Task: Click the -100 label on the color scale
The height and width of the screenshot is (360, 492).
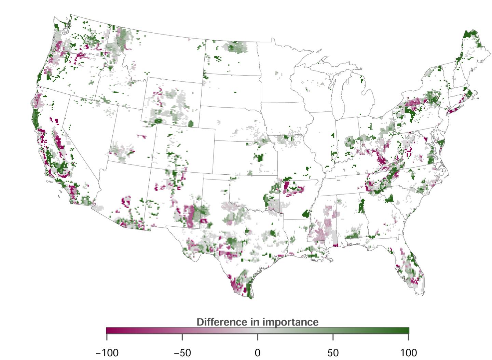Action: pyautogui.click(x=107, y=352)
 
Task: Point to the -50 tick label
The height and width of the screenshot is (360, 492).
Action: pyautogui.click(x=182, y=352)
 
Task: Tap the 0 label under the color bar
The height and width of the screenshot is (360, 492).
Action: pyautogui.click(x=258, y=352)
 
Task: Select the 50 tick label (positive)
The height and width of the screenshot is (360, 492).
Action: pyautogui.click(x=333, y=352)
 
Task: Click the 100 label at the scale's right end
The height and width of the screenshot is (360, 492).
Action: pyautogui.click(x=409, y=352)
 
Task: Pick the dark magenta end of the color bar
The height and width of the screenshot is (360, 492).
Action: pyautogui.click(x=109, y=330)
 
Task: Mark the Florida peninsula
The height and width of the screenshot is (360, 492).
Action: pyautogui.click(x=410, y=270)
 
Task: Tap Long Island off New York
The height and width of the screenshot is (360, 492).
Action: pyautogui.click(x=456, y=109)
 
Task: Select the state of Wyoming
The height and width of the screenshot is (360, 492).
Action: pyautogui.click(x=173, y=103)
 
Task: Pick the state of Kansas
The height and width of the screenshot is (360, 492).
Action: pyautogui.click(x=244, y=157)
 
